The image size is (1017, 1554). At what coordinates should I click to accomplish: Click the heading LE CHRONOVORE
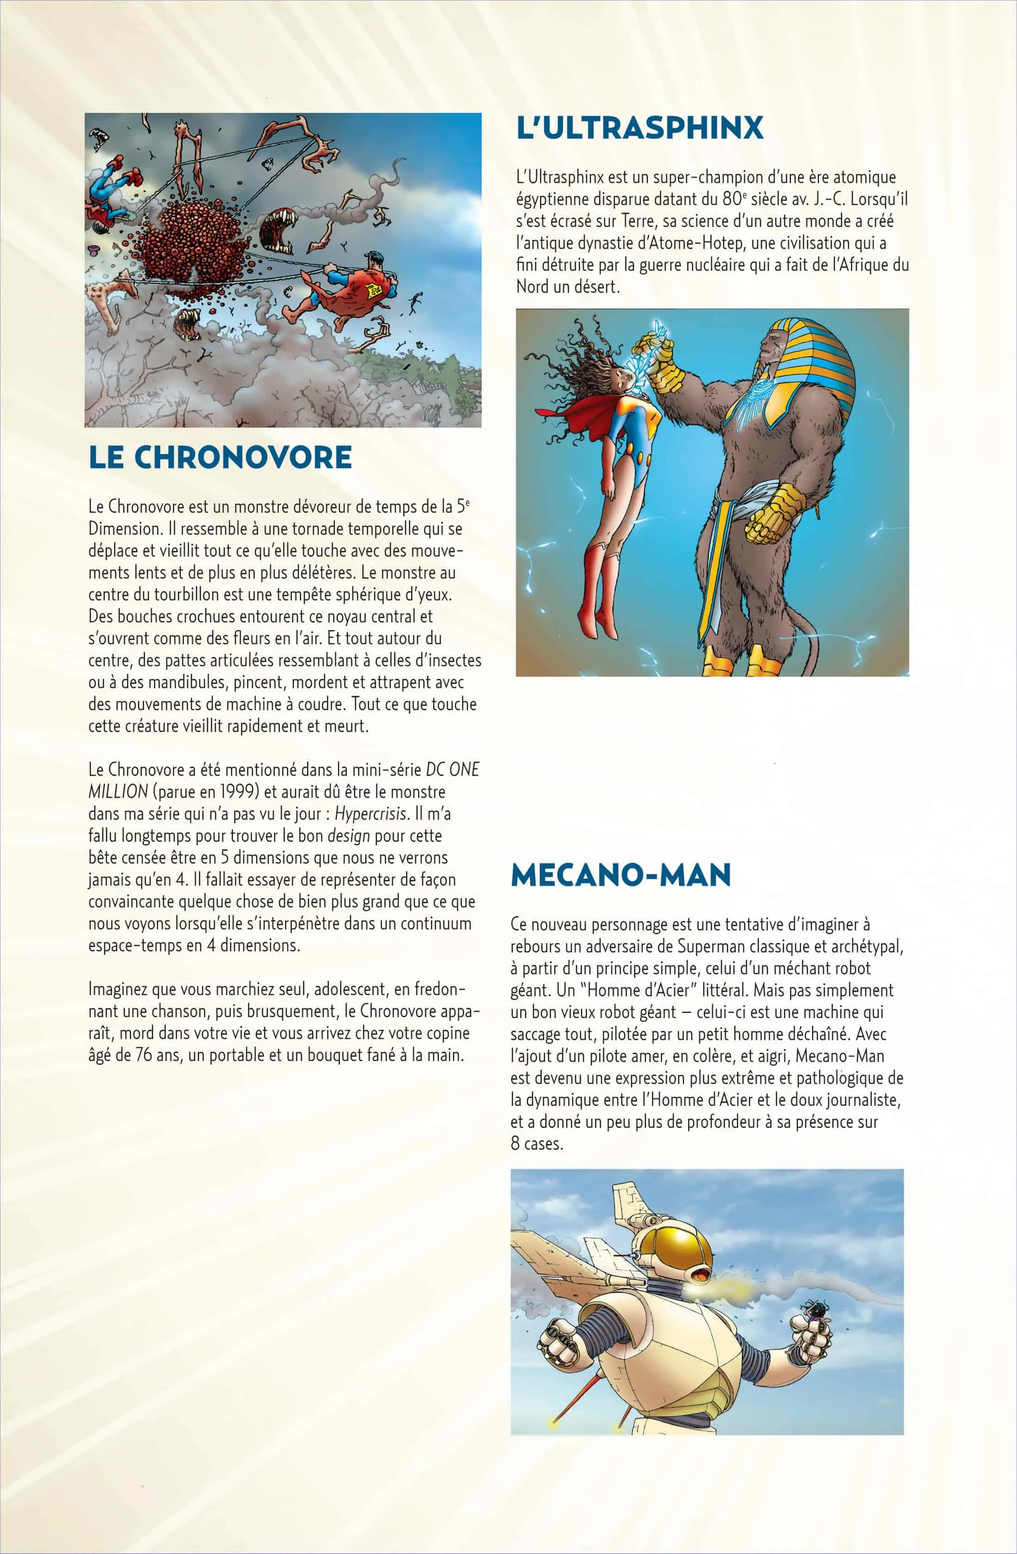[x=220, y=457]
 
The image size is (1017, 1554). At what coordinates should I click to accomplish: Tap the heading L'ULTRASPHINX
[x=640, y=128]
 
